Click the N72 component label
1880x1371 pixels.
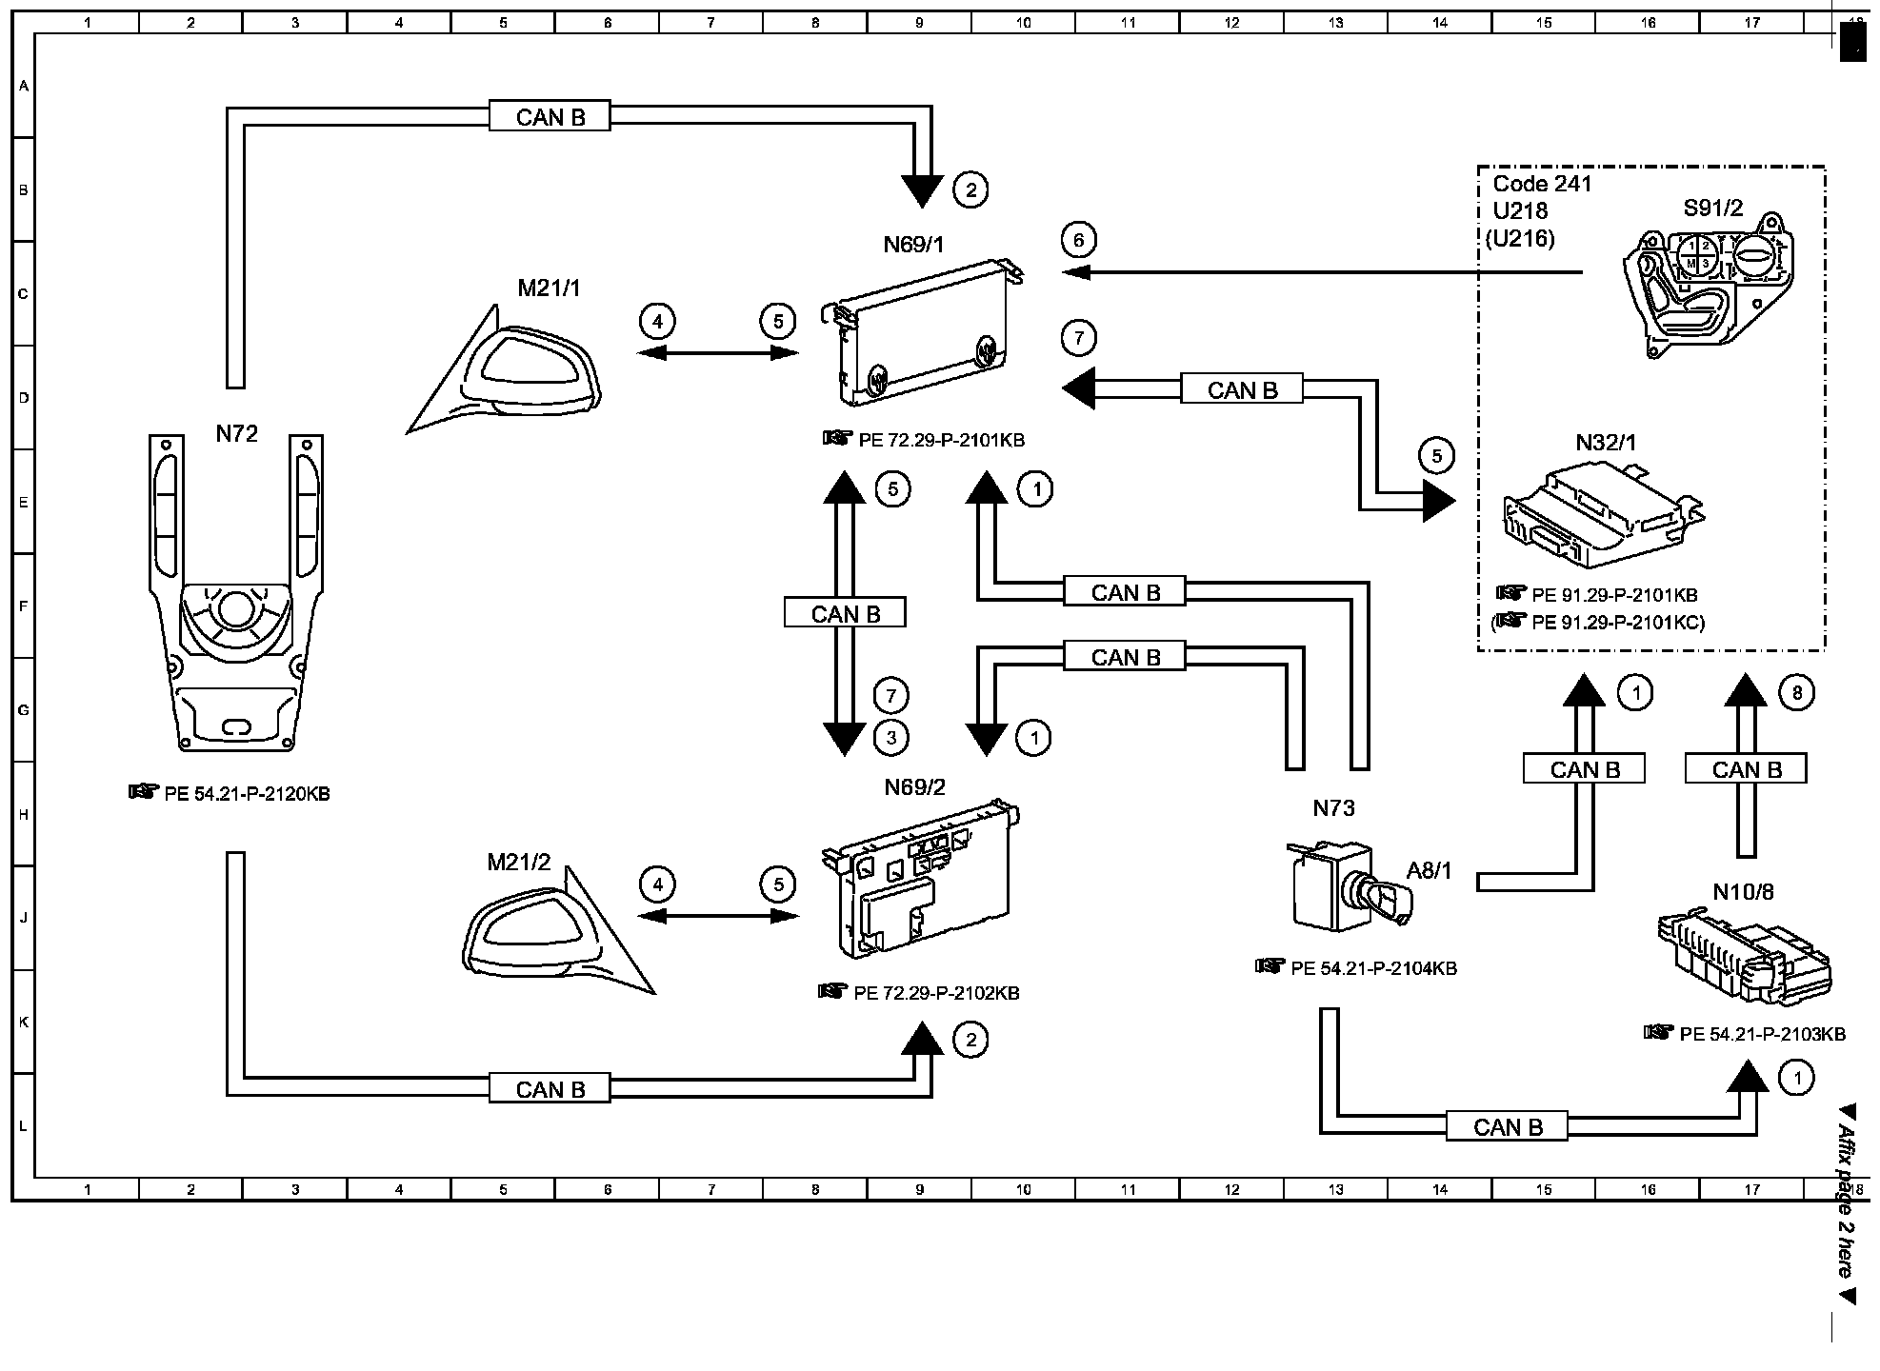[x=236, y=434]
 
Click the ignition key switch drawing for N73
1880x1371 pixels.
[x=1338, y=885]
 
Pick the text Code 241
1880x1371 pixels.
[x=1542, y=184]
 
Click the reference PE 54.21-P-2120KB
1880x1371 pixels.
[x=247, y=794]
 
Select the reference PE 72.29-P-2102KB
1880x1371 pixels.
[x=936, y=993]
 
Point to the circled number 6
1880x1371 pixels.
[x=1078, y=240]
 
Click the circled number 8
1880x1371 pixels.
[x=1796, y=693]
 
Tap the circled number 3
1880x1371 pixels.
[x=891, y=737]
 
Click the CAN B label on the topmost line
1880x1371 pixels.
[x=550, y=117]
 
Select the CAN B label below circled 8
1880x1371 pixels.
[x=1746, y=769]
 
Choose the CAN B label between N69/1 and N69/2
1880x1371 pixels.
[x=845, y=614]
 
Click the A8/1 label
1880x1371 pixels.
[x=1429, y=870]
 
